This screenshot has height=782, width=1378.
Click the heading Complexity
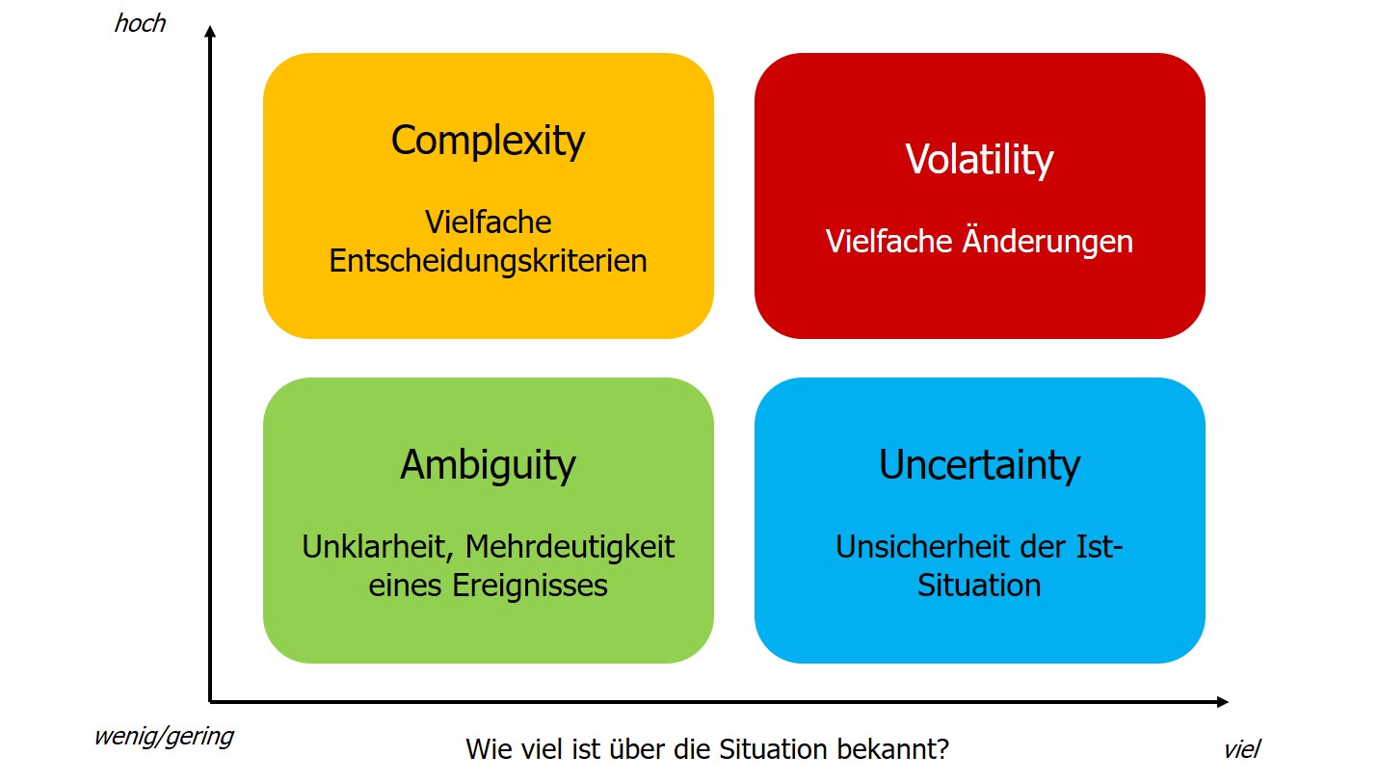click(488, 142)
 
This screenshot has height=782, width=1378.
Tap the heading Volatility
click(979, 161)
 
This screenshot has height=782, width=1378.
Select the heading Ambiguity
click(488, 465)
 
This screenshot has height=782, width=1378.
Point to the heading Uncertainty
click(979, 465)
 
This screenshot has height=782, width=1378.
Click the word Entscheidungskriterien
click(488, 261)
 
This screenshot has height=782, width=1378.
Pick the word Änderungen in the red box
click(1047, 240)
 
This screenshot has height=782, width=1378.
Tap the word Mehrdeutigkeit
click(570, 547)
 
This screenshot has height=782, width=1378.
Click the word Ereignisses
click(530, 586)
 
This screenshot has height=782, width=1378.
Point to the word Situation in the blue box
click(979, 585)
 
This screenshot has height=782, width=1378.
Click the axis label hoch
click(141, 23)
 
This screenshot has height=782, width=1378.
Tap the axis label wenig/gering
click(164, 737)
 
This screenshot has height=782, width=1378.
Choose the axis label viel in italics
click(1242, 749)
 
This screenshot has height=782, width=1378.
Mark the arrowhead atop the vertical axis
click(210, 32)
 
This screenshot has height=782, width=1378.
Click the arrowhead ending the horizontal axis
click(1222, 701)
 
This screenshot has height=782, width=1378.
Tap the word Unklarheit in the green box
click(378, 547)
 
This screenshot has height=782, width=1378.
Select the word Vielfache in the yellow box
click(488, 222)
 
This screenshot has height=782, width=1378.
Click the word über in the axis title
click(634, 749)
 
